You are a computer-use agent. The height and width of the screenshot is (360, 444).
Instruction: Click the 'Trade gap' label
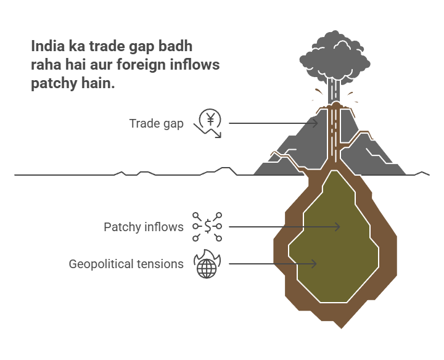[x=156, y=123]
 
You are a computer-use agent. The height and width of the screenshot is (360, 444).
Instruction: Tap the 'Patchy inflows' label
[x=143, y=227]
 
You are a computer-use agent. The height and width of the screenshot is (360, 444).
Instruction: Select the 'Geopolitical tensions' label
[x=126, y=264]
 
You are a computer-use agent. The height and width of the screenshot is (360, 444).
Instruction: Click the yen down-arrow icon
[x=209, y=122]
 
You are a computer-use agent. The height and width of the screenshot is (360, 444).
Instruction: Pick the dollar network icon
[x=208, y=227]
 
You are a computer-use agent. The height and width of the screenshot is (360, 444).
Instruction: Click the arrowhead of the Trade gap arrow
[x=315, y=123]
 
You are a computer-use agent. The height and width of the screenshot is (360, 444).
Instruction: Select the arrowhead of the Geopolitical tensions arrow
[x=314, y=264]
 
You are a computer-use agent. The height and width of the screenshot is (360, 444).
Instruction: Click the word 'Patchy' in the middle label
[x=121, y=227]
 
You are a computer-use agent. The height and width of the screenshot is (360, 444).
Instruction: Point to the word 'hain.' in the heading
[x=98, y=84]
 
